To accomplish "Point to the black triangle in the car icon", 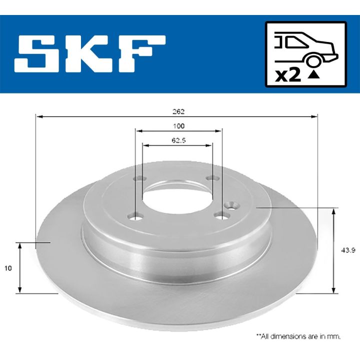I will pyautogui.click(x=313, y=76).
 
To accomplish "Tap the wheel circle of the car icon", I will pyautogui.click(x=313, y=61).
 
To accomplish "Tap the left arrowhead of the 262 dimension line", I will pyautogui.click(x=38, y=116).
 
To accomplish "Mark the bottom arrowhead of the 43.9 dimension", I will pyautogui.click(x=333, y=289).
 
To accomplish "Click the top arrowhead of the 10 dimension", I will pyautogui.click(x=19, y=246).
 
